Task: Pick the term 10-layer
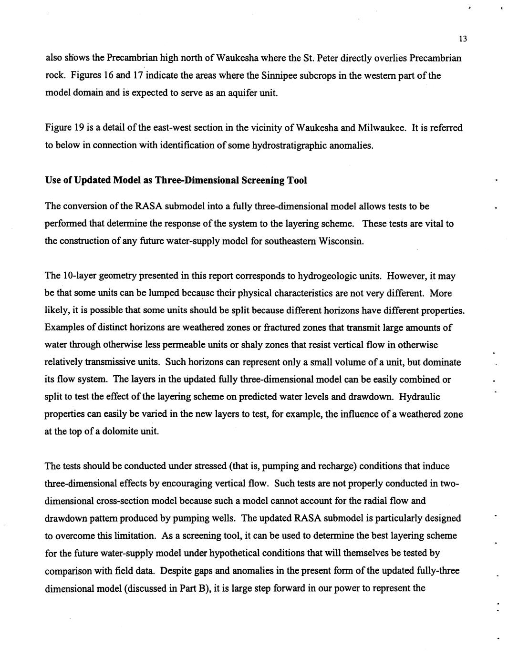(x=80, y=276)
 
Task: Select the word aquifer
(x=242, y=93)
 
